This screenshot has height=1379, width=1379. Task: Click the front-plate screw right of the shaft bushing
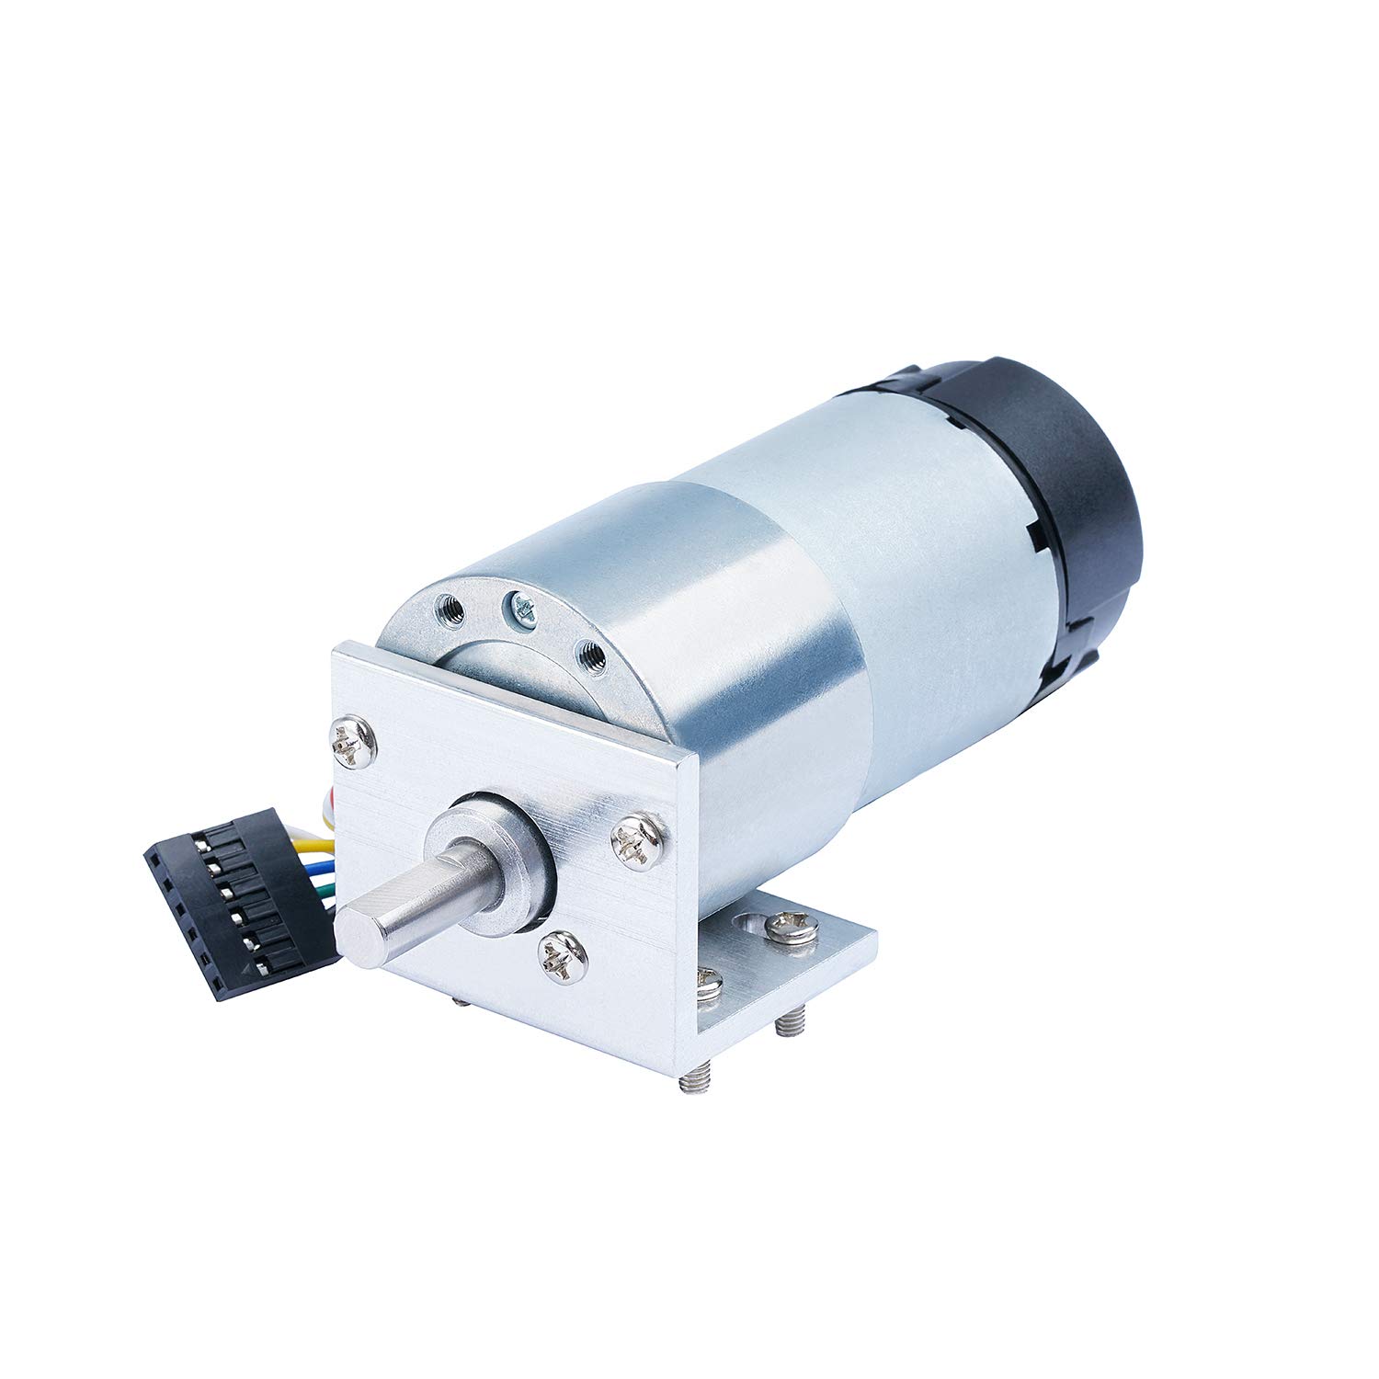pyautogui.click(x=637, y=839)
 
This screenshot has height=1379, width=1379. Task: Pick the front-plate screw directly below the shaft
pyautogui.click(x=561, y=956)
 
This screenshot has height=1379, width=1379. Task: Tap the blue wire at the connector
pyautogui.click(x=322, y=865)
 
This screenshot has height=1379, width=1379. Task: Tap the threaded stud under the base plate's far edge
pyautogui.click(x=791, y=1020)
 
